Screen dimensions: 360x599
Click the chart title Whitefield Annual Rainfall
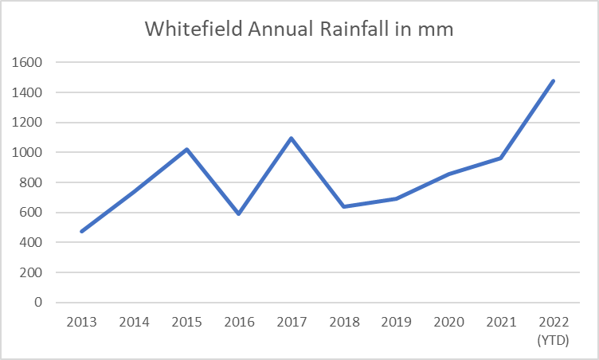(299, 29)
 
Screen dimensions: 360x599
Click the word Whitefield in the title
(183, 29)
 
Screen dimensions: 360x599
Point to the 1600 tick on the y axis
(29, 62)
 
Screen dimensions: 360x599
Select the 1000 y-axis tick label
(29, 152)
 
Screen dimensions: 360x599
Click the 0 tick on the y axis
(38, 303)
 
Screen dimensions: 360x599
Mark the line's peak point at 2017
(292, 138)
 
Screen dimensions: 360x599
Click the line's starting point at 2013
(82, 232)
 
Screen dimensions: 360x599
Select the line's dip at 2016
(239, 214)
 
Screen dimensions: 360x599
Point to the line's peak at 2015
(186, 149)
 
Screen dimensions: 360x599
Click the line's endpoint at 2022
(553, 80)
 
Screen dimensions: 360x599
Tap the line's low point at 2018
(343, 206)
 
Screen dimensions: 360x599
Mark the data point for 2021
(500, 158)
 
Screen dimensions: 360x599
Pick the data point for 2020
(448, 174)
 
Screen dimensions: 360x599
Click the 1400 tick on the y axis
(29, 92)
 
